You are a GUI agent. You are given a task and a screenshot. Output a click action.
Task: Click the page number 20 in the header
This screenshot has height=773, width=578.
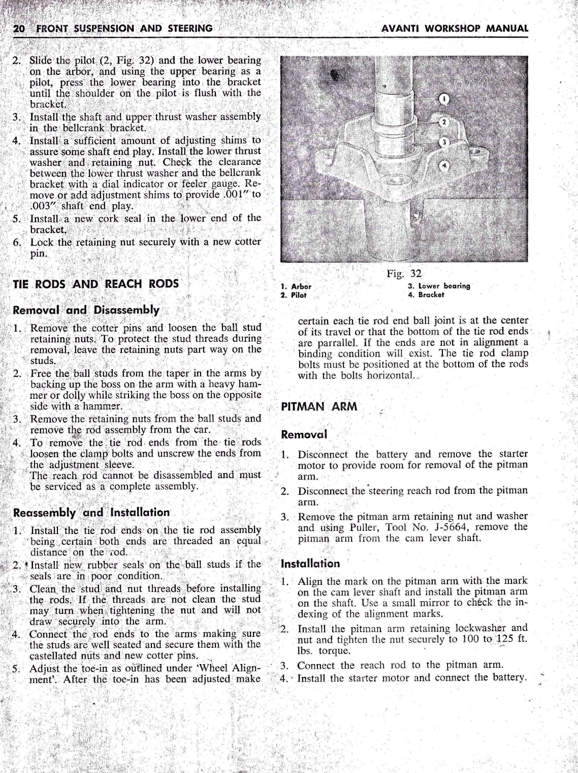point(19,28)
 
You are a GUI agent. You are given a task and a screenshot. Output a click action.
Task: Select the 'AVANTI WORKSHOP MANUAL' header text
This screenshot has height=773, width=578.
point(455,28)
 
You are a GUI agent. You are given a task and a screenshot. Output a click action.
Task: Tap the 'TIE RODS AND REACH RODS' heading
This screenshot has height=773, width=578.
point(95,284)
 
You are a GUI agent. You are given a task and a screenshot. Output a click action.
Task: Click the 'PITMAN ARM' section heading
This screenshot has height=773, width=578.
point(319,406)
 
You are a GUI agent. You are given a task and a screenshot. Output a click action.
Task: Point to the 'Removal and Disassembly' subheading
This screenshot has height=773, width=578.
point(86,310)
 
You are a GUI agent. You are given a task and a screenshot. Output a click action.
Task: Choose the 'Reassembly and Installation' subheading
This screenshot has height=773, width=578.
point(91,512)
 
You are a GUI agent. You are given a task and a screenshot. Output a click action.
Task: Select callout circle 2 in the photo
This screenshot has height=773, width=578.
point(443,122)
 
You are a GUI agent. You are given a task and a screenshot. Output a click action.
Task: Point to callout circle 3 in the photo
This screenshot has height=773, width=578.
point(443,142)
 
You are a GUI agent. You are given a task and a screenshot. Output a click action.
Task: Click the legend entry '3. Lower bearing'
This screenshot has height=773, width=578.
point(439,286)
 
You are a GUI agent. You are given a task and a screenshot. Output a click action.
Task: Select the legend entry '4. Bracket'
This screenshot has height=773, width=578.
point(426,294)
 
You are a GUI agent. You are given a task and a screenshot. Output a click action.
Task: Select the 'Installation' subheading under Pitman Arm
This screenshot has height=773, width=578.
point(310,564)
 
